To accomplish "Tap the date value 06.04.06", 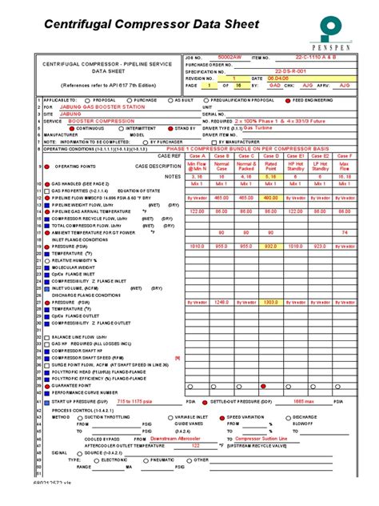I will (278, 78).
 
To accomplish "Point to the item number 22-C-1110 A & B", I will (309, 58).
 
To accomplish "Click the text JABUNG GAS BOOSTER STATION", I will (90, 106).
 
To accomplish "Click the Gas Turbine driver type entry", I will (258, 127).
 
